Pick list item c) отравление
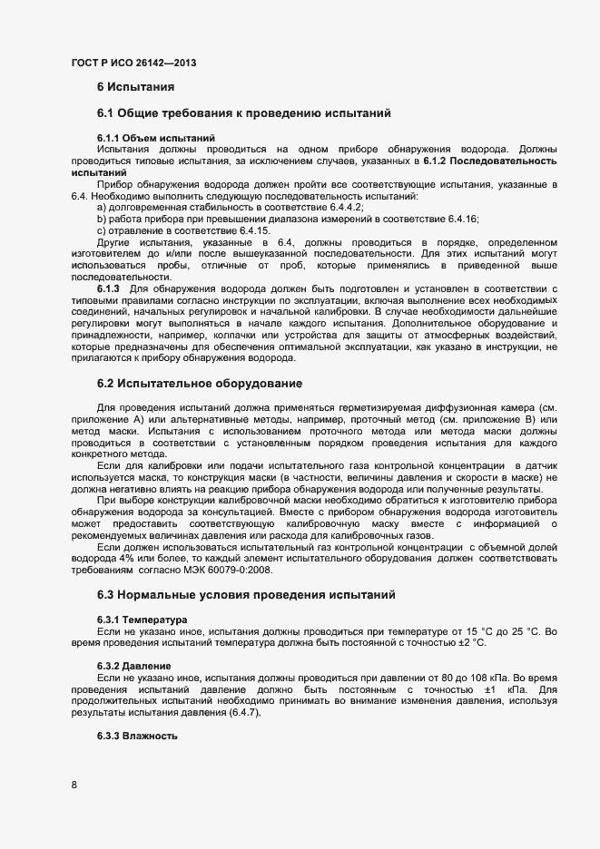[x=171, y=230]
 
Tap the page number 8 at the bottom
[x=74, y=784]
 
